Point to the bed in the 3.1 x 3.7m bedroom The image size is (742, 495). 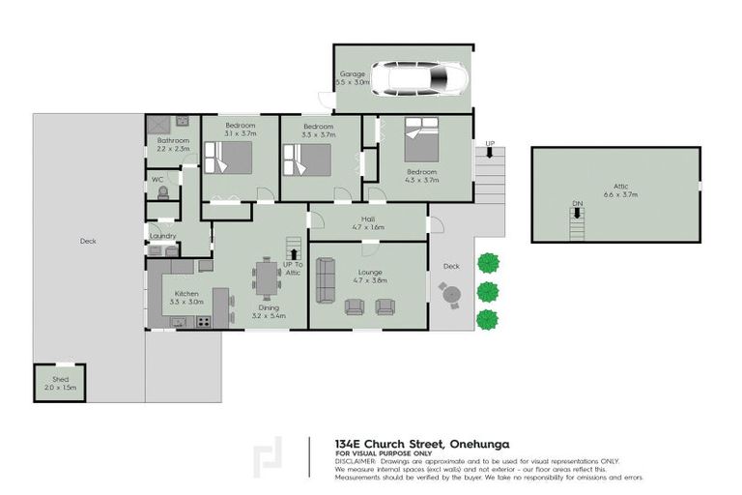pos(233,157)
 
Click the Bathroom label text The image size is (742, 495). pos(172,141)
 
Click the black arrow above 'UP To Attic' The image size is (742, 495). pos(293,253)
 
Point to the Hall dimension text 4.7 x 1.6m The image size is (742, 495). pos(367,227)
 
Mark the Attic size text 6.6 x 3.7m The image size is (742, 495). pos(615,195)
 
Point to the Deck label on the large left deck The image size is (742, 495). pos(88,242)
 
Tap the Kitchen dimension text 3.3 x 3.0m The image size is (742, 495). pos(186,302)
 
